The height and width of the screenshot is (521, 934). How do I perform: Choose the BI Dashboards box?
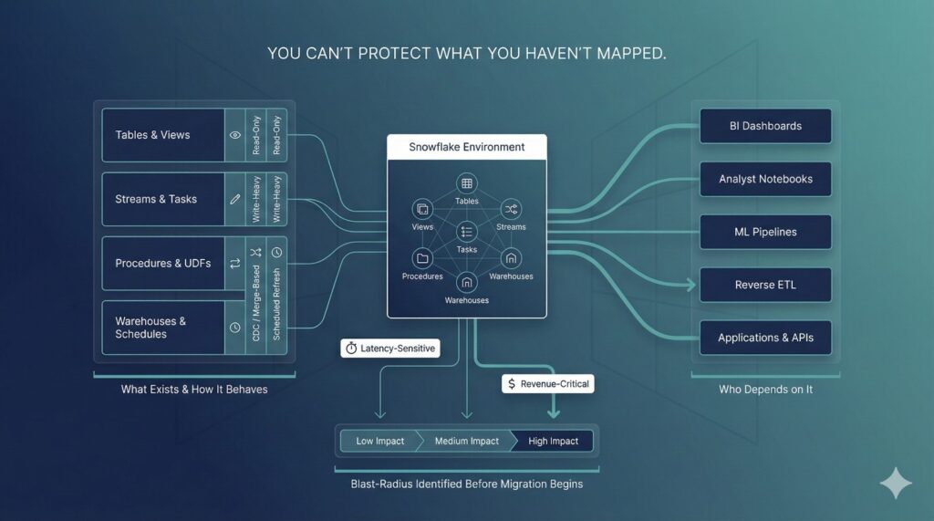pyautogui.click(x=765, y=126)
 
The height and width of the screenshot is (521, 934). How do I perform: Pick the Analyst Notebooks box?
pyautogui.click(x=765, y=179)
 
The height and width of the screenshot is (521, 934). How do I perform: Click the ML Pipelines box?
pyautogui.click(x=765, y=232)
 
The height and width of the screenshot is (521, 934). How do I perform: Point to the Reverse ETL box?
pyautogui.click(x=765, y=285)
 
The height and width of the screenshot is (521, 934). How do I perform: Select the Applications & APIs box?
pyautogui.click(x=765, y=338)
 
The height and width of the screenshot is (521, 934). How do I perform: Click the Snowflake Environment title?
pyautogui.click(x=467, y=147)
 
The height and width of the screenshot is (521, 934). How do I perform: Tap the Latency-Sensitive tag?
pyautogui.click(x=389, y=349)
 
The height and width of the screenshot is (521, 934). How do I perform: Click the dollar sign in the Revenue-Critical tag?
pyautogui.click(x=513, y=385)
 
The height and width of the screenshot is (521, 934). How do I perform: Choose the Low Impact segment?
pyautogui.click(x=379, y=441)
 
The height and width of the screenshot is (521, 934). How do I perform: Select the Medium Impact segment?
pyautogui.click(x=466, y=441)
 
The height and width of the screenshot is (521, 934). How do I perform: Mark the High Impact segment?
pyautogui.click(x=553, y=441)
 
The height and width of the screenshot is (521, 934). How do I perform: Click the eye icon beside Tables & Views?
pyautogui.click(x=235, y=135)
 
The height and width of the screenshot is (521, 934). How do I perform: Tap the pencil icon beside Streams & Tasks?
pyautogui.click(x=235, y=199)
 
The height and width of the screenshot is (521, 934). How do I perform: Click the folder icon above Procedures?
pyautogui.click(x=421, y=258)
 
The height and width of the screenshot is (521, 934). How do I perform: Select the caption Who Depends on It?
pyautogui.click(x=765, y=390)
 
